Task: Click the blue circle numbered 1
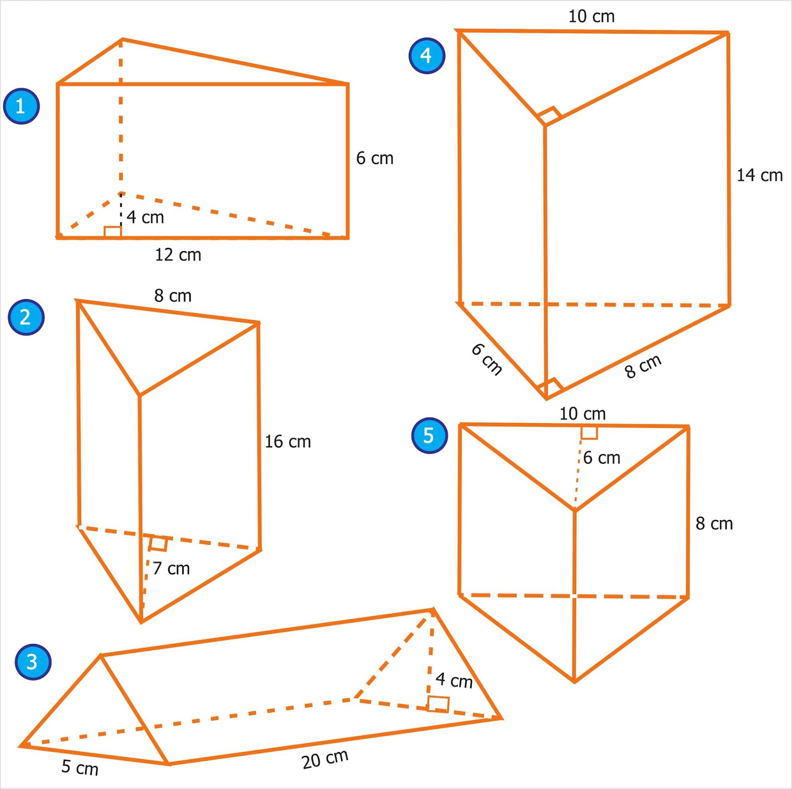pyautogui.click(x=21, y=106)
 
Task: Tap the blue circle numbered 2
pyautogui.click(x=26, y=317)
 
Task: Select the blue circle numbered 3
pyautogui.click(x=33, y=662)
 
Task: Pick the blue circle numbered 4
pyautogui.click(x=427, y=55)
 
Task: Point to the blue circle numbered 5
pyautogui.click(x=429, y=436)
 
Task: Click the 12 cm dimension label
pyautogui.click(x=178, y=255)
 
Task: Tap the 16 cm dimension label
pyautogui.click(x=288, y=442)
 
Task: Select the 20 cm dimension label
pyautogui.click(x=325, y=759)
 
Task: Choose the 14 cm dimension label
pyautogui.click(x=759, y=175)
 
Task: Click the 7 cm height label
pyautogui.click(x=171, y=569)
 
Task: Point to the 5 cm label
pyautogui.click(x=80, y=767)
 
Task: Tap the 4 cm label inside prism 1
pyautogui.click(x=145, y=217)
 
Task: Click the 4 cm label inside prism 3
pyautogui.click(x=454, y=680)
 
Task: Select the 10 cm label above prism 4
pyautogui.click(x=591, y=16)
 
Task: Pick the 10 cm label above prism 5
pyautogui.click(x=582, y=414)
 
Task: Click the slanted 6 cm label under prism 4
pyautogui.click(x=487, y=359)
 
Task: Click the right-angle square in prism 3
pyautogui.click(x=438, y=704)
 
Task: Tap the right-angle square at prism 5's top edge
pyautogui.click(x=589, y=432)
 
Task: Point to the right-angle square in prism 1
pyautogui.click(x=113, y=232)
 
